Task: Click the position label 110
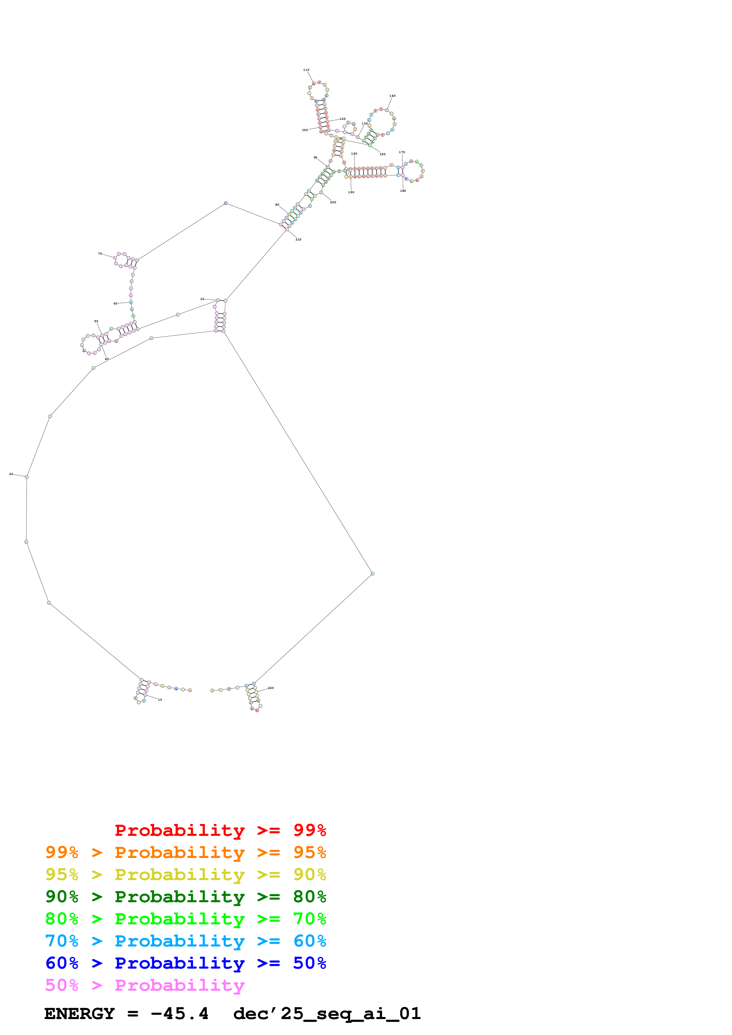pos(306,70)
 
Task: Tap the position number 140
pos(392,96)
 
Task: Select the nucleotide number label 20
pos(11,474)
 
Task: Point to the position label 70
pos(100,254)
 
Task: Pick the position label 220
pos(271,688)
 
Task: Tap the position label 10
pos(160,700)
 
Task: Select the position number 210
pos(298,239)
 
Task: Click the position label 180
pos(403,191)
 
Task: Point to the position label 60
pos(115,303)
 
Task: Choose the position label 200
pos(333,202)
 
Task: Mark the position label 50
pos(96,321)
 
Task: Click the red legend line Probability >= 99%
pos(220,830)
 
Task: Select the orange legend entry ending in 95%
pos(186,852)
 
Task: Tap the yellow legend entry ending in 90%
pos(186,874)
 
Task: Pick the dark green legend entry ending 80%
pos(186,897)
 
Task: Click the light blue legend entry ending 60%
pos(186,941)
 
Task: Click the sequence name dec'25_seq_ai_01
pos(327,1014)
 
